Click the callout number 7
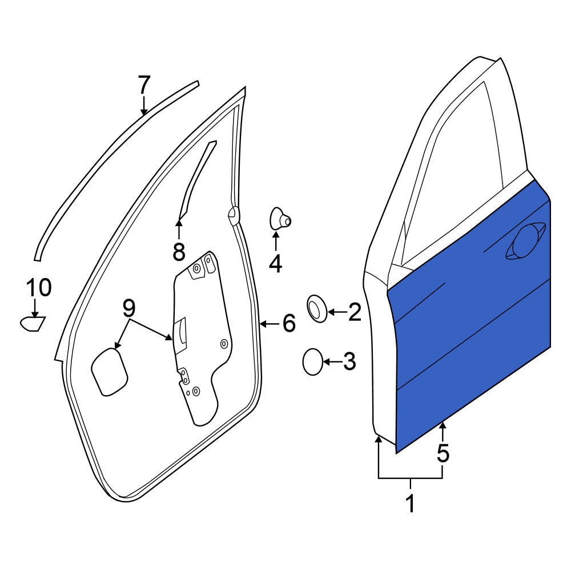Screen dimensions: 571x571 coord(143,85)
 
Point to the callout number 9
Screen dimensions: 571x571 coord(128,308)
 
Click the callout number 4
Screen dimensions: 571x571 coord(275,263)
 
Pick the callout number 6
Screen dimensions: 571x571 coord(289,324)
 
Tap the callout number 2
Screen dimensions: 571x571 coord(354,312)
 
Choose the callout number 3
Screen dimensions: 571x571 coord(348,361)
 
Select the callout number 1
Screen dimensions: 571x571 coord(409,504)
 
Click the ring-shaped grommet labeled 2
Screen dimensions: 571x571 coord(317,308)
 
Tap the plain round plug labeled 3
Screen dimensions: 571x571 coord(312,362)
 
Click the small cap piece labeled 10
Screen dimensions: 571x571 coord(32,324)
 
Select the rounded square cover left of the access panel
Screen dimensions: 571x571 coord(108,372)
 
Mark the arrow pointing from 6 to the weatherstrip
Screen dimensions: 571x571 coord(269,324)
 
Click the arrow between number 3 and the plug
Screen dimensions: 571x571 coord(331,361)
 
